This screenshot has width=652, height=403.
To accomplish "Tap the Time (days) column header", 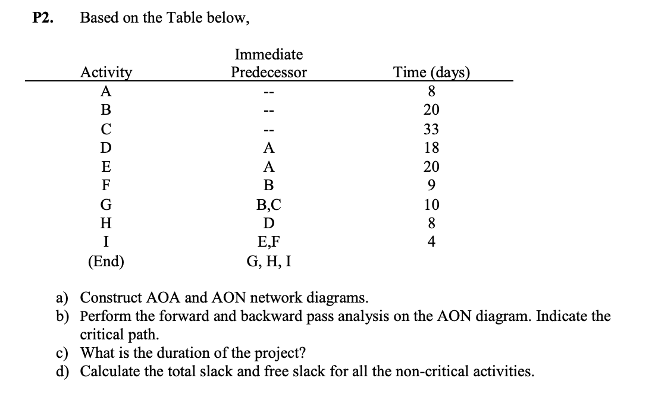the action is [432, 73].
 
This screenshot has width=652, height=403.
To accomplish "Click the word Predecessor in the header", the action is [269, 73].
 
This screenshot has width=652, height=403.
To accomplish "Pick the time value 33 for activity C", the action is [432, 129].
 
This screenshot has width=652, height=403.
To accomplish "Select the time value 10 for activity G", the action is [432, 205].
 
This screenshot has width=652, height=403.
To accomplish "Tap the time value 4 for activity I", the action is [432, 243].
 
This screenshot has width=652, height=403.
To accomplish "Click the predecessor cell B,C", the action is [269, 205].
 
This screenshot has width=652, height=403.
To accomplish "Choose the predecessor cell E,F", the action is [269, 243].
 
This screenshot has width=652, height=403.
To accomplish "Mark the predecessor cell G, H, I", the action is [269, 262].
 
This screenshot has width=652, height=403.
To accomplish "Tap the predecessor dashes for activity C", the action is [269, 129].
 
